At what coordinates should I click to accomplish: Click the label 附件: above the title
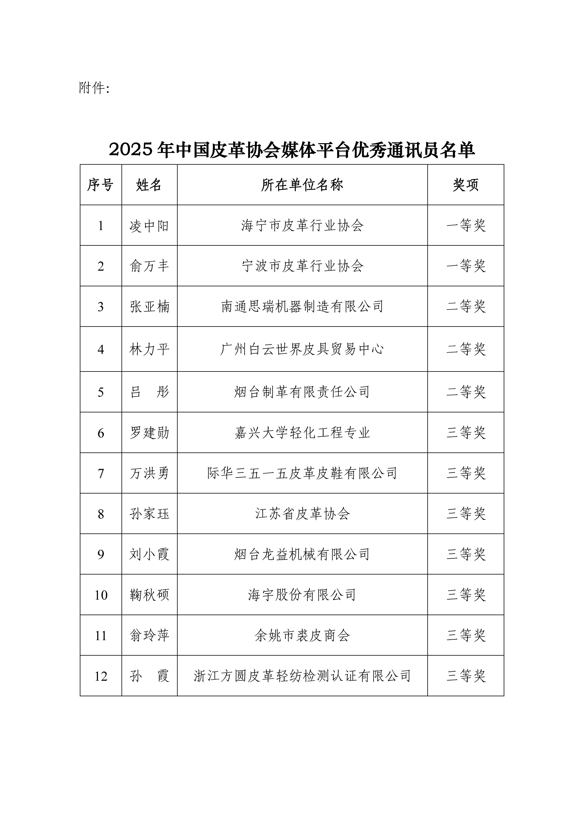(x=94, y=88)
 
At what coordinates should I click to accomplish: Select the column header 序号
(x=100, y=185)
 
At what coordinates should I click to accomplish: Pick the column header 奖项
(x=466, y=185)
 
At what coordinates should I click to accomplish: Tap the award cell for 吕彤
(x=466, y=392)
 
